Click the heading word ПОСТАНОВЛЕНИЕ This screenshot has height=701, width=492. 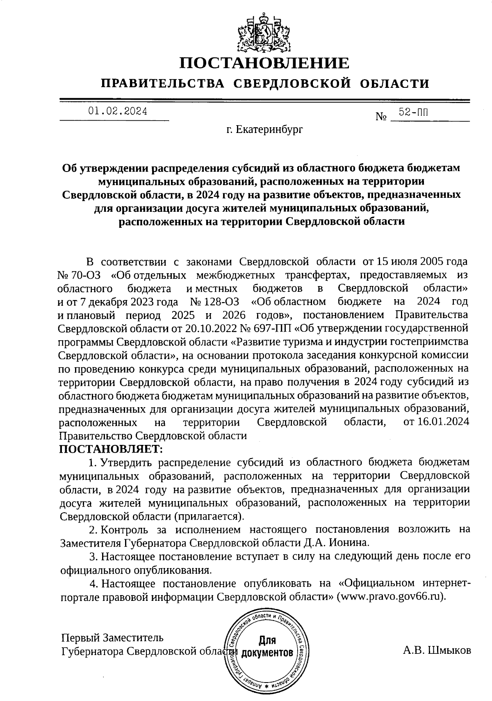tap(265, 63)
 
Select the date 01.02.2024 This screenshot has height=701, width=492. tap(118, 112)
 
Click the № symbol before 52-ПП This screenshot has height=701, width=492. tap(381, 117)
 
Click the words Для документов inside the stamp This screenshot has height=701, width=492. tap(267, 647)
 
